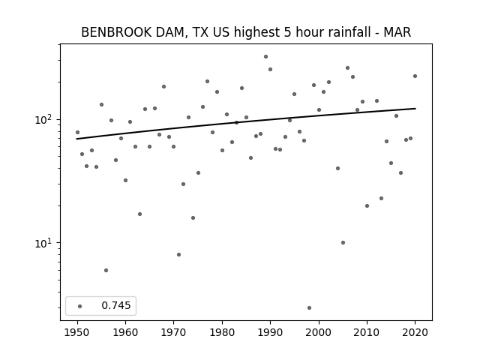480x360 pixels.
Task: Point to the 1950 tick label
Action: [77, 332]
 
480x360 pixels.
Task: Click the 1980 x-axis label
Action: [222, 332]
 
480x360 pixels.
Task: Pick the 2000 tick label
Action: [319, 332]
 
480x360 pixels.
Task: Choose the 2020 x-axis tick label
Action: [415, 332]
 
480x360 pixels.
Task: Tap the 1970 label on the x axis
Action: [174, 332]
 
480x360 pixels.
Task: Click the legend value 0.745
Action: [116, 305]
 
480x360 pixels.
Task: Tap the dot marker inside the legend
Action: [80, 306]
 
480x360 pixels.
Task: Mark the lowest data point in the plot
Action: [309, 307]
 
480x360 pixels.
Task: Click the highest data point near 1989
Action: [265, 57]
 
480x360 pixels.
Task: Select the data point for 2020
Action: [415, 76]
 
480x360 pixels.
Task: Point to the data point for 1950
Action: [77, 132]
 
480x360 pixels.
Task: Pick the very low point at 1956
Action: [106, 270]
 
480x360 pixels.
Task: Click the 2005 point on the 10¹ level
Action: [343, 242]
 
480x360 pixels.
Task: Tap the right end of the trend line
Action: [415, 108]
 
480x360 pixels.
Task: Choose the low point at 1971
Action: [178, 254]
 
